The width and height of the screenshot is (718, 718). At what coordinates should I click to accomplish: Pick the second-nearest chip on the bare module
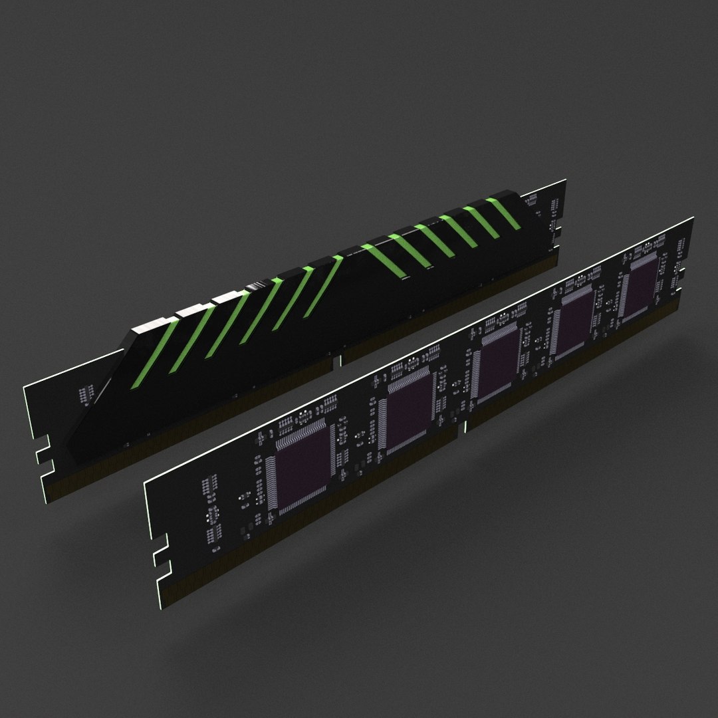(408, 412)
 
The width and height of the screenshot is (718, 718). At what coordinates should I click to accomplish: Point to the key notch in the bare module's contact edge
(463, 429)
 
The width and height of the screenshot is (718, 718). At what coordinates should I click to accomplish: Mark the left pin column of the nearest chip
(271, 482)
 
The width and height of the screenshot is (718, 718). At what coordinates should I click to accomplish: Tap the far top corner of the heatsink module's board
(564, 180)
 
